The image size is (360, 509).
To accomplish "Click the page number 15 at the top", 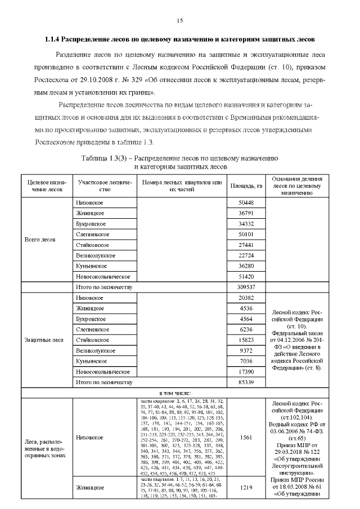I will (x=180, y=21).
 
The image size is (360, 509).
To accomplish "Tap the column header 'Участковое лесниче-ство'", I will (x=105, y=186).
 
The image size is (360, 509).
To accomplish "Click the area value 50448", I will (x=246, y=202).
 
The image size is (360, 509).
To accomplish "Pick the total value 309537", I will (x=246, y=287).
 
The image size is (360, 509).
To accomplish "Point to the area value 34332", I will (x=246, y=224).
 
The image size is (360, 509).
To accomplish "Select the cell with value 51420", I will (x=246, y=277).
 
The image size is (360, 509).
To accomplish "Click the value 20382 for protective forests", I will (x=246, y=298).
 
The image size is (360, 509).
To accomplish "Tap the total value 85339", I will (x=246, y=382).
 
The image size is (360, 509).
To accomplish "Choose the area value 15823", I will (x=246, y=340).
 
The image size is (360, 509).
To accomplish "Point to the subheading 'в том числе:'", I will (x=175, y=393).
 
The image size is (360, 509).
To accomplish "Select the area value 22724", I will (x=246, y=255).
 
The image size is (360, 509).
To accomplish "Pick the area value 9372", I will (x=246, y=350).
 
